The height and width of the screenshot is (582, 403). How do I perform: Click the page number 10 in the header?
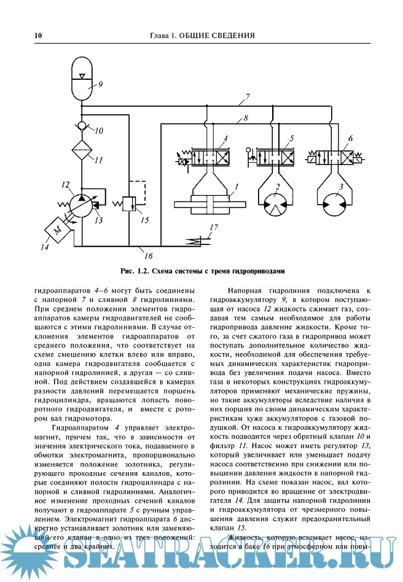pyautogui.click(x=38, y=35)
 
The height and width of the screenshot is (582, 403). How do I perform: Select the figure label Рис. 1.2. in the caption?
pyautogui.click(x=136, y=271)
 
